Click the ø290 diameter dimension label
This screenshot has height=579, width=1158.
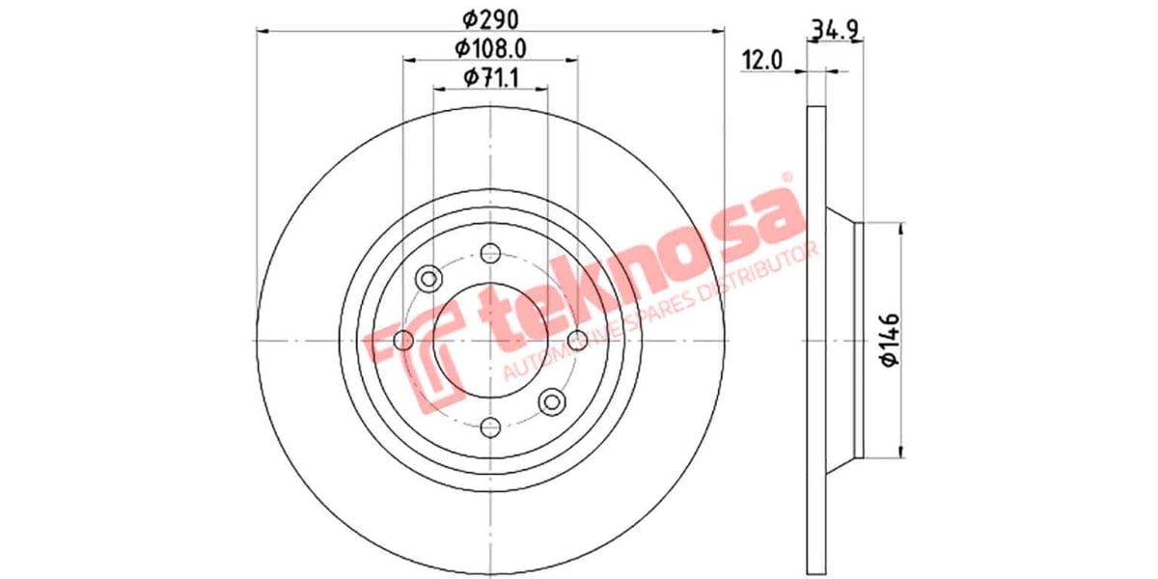(x=491, y=16)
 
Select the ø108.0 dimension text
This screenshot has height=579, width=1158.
(x=490, y=47)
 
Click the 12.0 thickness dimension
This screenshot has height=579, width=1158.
(x=760, y=60)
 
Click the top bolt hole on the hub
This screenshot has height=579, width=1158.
(x=490, y=254)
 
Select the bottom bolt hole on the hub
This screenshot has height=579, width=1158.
(x=490, y=427)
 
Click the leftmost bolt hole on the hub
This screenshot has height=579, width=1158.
(x=404, y=340)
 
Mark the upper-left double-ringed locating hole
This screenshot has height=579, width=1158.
(x=427, y=279)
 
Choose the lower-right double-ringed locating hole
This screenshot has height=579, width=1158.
(x=553, y=401)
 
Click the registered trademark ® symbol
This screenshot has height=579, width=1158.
(x=786, y=178)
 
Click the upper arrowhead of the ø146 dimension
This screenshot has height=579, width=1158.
(x=901, y=228)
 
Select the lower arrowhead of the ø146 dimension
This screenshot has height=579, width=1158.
(x=901, y=451)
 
